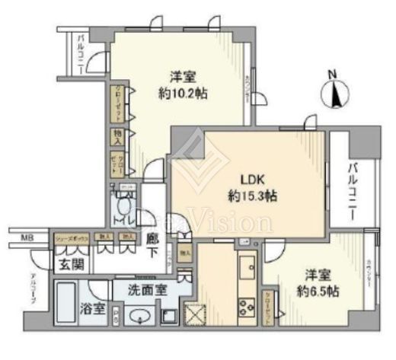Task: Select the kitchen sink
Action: (x=248, y=268)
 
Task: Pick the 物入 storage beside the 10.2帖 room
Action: (x=118, y=137)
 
